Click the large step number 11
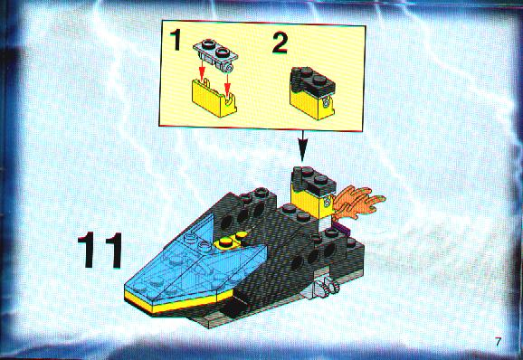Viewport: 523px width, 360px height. pos(100,250)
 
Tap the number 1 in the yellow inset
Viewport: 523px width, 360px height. pos(176,40)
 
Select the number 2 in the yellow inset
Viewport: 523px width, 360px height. pos(280,43)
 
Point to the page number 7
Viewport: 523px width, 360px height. pos(499,342)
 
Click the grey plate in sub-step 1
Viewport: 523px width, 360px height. pos(216,54)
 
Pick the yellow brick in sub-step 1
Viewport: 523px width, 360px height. pos(214,98)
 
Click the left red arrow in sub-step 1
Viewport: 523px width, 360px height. pos(201,69)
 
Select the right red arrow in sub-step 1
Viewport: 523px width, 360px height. pos(227,82)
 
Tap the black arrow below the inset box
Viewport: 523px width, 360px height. pos(302,146)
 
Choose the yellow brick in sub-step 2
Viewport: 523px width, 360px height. pos(311,105)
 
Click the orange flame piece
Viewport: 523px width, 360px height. pos(357,202)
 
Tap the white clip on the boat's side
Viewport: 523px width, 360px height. pos(327,287)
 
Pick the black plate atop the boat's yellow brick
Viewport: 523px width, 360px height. pos(313,182)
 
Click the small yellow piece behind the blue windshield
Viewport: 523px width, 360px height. pos(230,242)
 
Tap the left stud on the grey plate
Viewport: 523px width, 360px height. pos(208,43)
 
